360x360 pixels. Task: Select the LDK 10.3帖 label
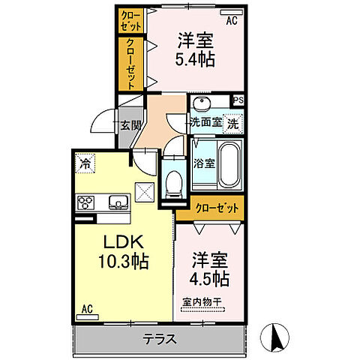(x=124, y=252)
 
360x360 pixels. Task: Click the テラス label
(x=160, y=339)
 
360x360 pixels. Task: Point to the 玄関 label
(x=130, y=124)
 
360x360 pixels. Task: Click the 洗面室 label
(x=203, y=122)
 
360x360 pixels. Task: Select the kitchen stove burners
(x=86, y=202)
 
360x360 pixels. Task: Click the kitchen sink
(x=118, y=201)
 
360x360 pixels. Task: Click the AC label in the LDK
(x=88, y=308)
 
